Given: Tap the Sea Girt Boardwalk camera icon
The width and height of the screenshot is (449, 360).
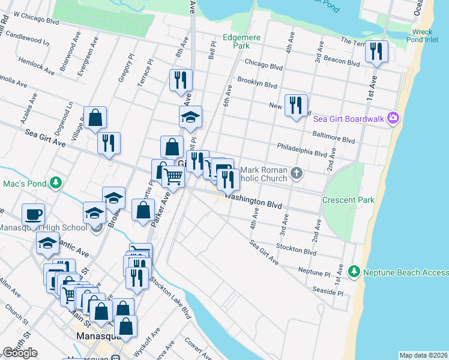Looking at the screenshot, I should tap(393, 118).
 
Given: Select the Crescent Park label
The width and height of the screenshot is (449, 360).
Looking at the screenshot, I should tap(348, 200).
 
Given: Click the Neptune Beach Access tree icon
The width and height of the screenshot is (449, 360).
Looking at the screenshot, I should tap(354, 272).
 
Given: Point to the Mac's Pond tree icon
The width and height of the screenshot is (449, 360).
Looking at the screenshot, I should tap(55, 182).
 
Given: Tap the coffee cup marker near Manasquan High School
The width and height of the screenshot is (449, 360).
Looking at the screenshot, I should tap(34, 214).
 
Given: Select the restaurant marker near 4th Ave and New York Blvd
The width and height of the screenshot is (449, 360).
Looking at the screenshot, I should tap(295, 106).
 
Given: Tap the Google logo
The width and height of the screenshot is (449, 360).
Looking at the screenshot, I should tap(20, 353).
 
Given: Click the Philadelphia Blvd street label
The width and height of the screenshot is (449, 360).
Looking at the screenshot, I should tap(301, 149).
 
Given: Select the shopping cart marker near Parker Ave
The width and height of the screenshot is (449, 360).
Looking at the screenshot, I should tap(173, 177).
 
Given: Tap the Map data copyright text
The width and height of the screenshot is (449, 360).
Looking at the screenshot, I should tap(423, 355).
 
